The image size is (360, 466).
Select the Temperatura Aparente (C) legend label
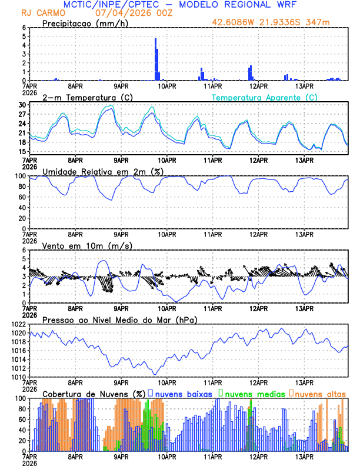(x=264, y=97)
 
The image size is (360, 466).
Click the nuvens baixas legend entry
(x=181, y=393)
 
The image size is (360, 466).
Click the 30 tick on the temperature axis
(x=21, y=105)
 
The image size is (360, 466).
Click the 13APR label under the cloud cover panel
(x=304, y=457)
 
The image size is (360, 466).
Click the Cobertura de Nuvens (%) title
(x=94, y=393)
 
